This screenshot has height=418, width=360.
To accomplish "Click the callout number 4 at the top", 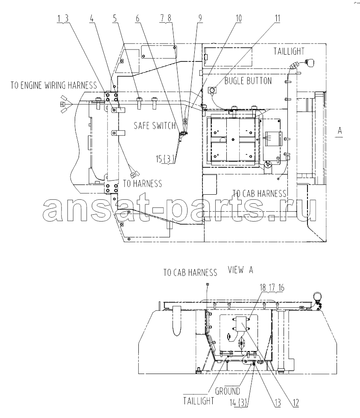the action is point(92,18).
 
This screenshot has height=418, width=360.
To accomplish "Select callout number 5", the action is point(115,18).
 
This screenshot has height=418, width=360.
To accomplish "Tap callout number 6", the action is point(138,18).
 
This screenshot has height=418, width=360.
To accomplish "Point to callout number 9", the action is point(200,18).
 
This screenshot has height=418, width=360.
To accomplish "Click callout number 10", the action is point(238,18).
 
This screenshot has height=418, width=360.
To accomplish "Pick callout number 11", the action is point(278,18).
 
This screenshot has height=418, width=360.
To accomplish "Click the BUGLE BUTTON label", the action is point(248,81).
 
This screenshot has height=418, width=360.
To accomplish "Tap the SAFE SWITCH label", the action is point(155,126).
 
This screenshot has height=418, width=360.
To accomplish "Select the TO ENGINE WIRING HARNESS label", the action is point(54,85).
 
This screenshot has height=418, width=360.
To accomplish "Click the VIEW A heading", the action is point(240,270).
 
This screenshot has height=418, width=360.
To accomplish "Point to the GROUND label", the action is point(228,392).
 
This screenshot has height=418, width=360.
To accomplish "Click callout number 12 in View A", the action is point(296,403).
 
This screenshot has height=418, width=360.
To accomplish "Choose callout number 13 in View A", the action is point(278,403).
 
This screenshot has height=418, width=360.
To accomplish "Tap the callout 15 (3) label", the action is point(165,159).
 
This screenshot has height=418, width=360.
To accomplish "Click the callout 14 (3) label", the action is point(239,403).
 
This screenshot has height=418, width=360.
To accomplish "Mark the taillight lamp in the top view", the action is point(310,63).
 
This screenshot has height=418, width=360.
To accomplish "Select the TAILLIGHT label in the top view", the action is point(289,51).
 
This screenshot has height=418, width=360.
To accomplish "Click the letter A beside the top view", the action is point(340,131).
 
